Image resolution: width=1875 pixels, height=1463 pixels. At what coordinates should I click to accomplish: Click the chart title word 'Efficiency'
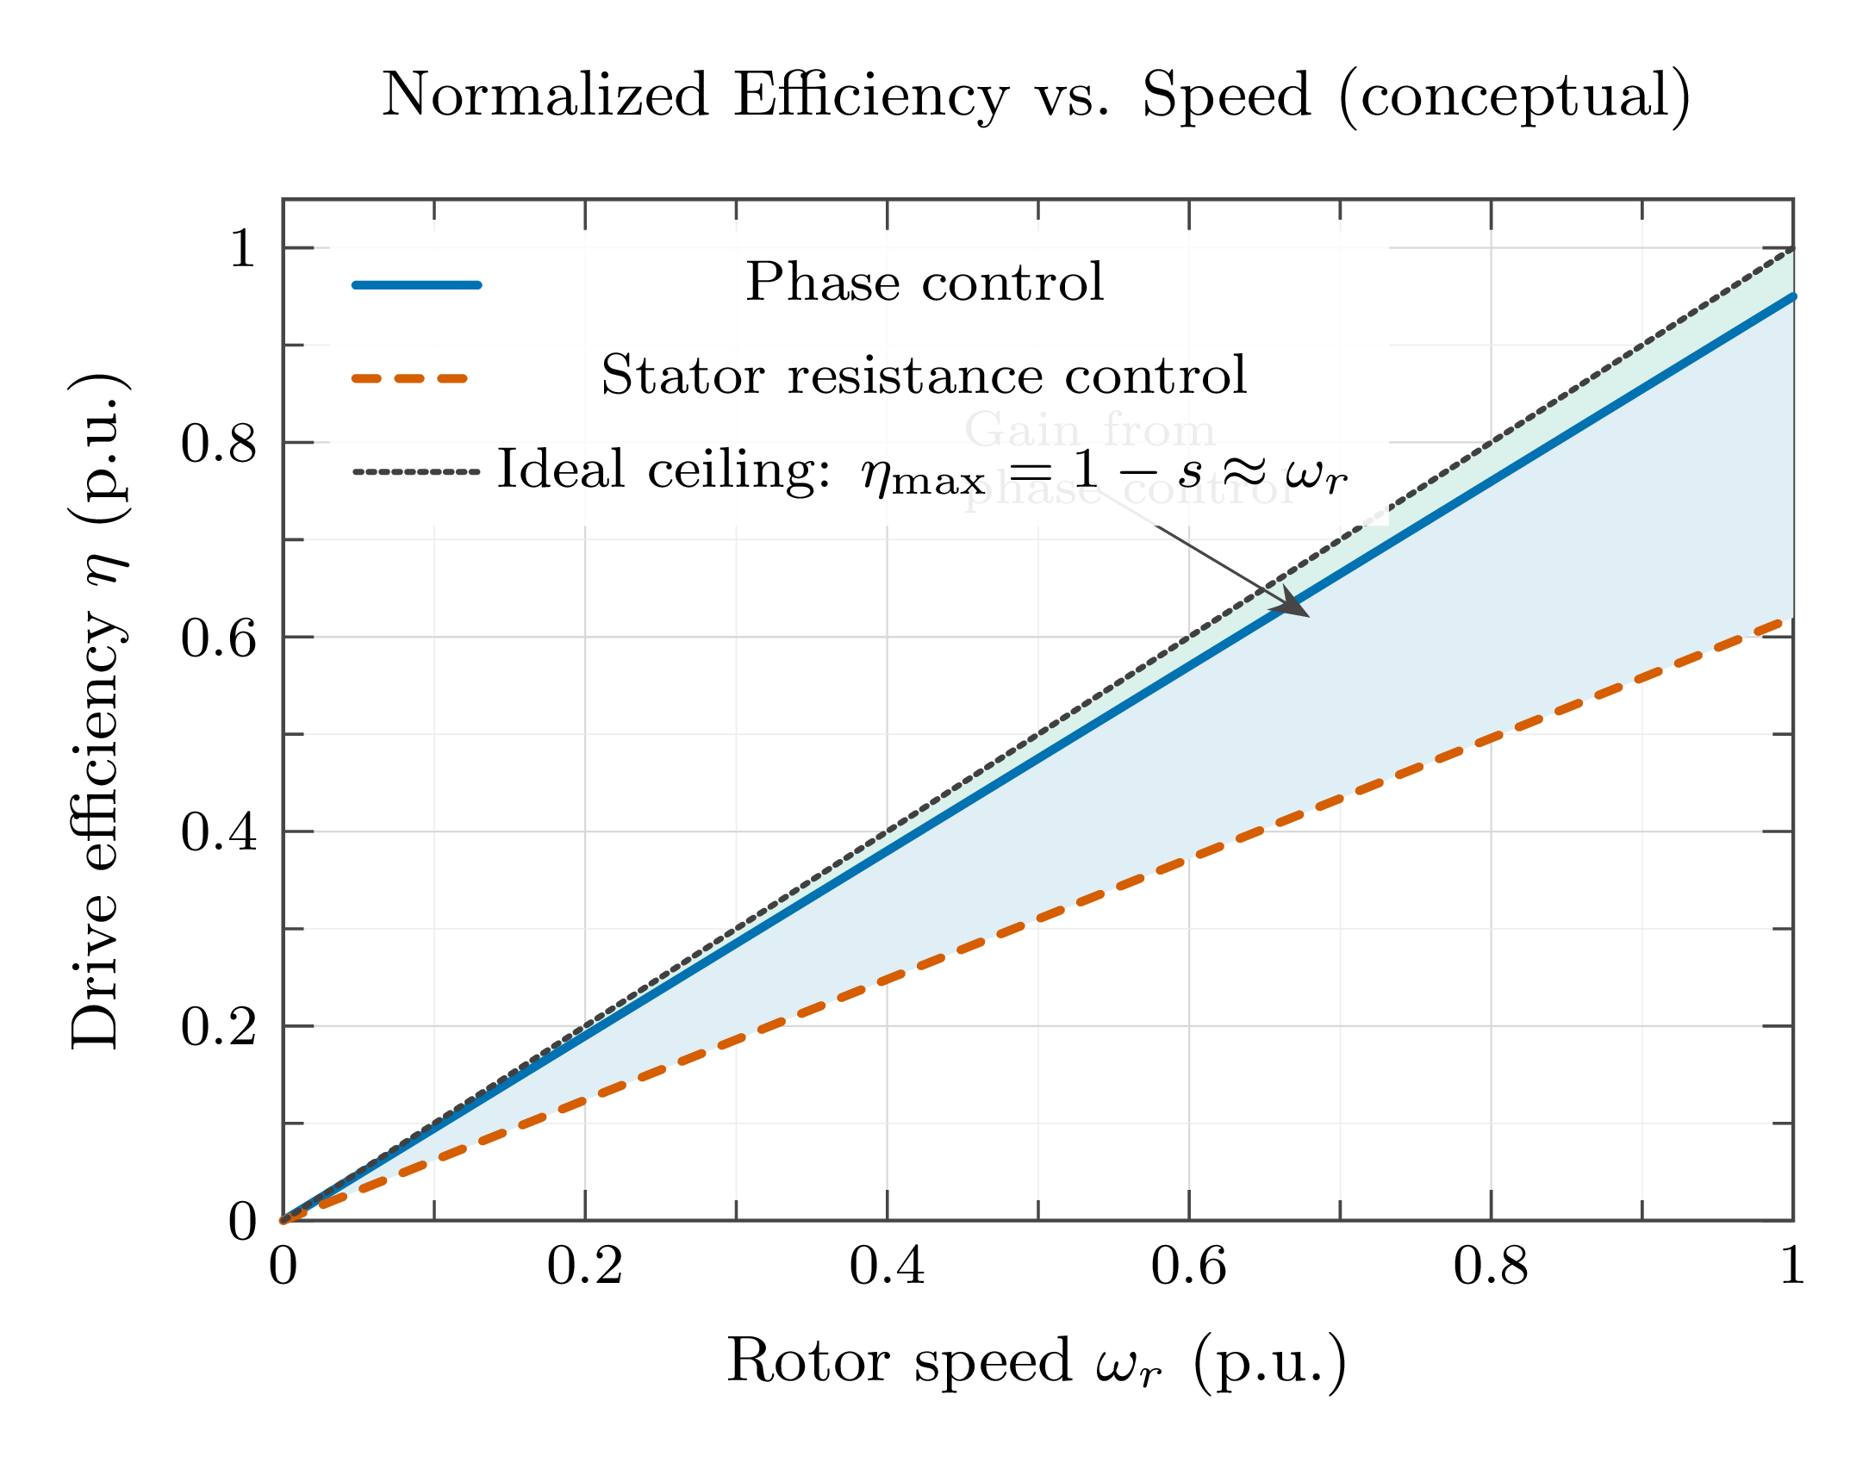(870, 95)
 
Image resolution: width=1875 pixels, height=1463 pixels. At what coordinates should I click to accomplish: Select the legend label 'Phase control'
(925, 282)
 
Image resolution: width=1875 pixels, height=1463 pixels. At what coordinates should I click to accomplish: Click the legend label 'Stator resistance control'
(924, 376)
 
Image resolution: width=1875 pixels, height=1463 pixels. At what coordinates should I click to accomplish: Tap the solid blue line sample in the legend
(416, 285)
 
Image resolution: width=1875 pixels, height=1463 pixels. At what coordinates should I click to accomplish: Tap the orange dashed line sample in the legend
(410, 378)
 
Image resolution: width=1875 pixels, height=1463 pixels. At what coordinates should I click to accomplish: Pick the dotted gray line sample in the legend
(416, 472)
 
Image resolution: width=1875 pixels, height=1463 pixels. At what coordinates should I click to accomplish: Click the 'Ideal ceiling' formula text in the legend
(922, 471)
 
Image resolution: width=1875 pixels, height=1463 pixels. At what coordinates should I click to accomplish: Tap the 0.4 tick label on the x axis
(887, 1267)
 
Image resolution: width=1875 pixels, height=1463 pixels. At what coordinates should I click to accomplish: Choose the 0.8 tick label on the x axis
(1491, 1267)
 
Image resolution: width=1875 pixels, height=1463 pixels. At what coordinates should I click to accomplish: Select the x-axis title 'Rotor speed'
(899, 1361)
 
